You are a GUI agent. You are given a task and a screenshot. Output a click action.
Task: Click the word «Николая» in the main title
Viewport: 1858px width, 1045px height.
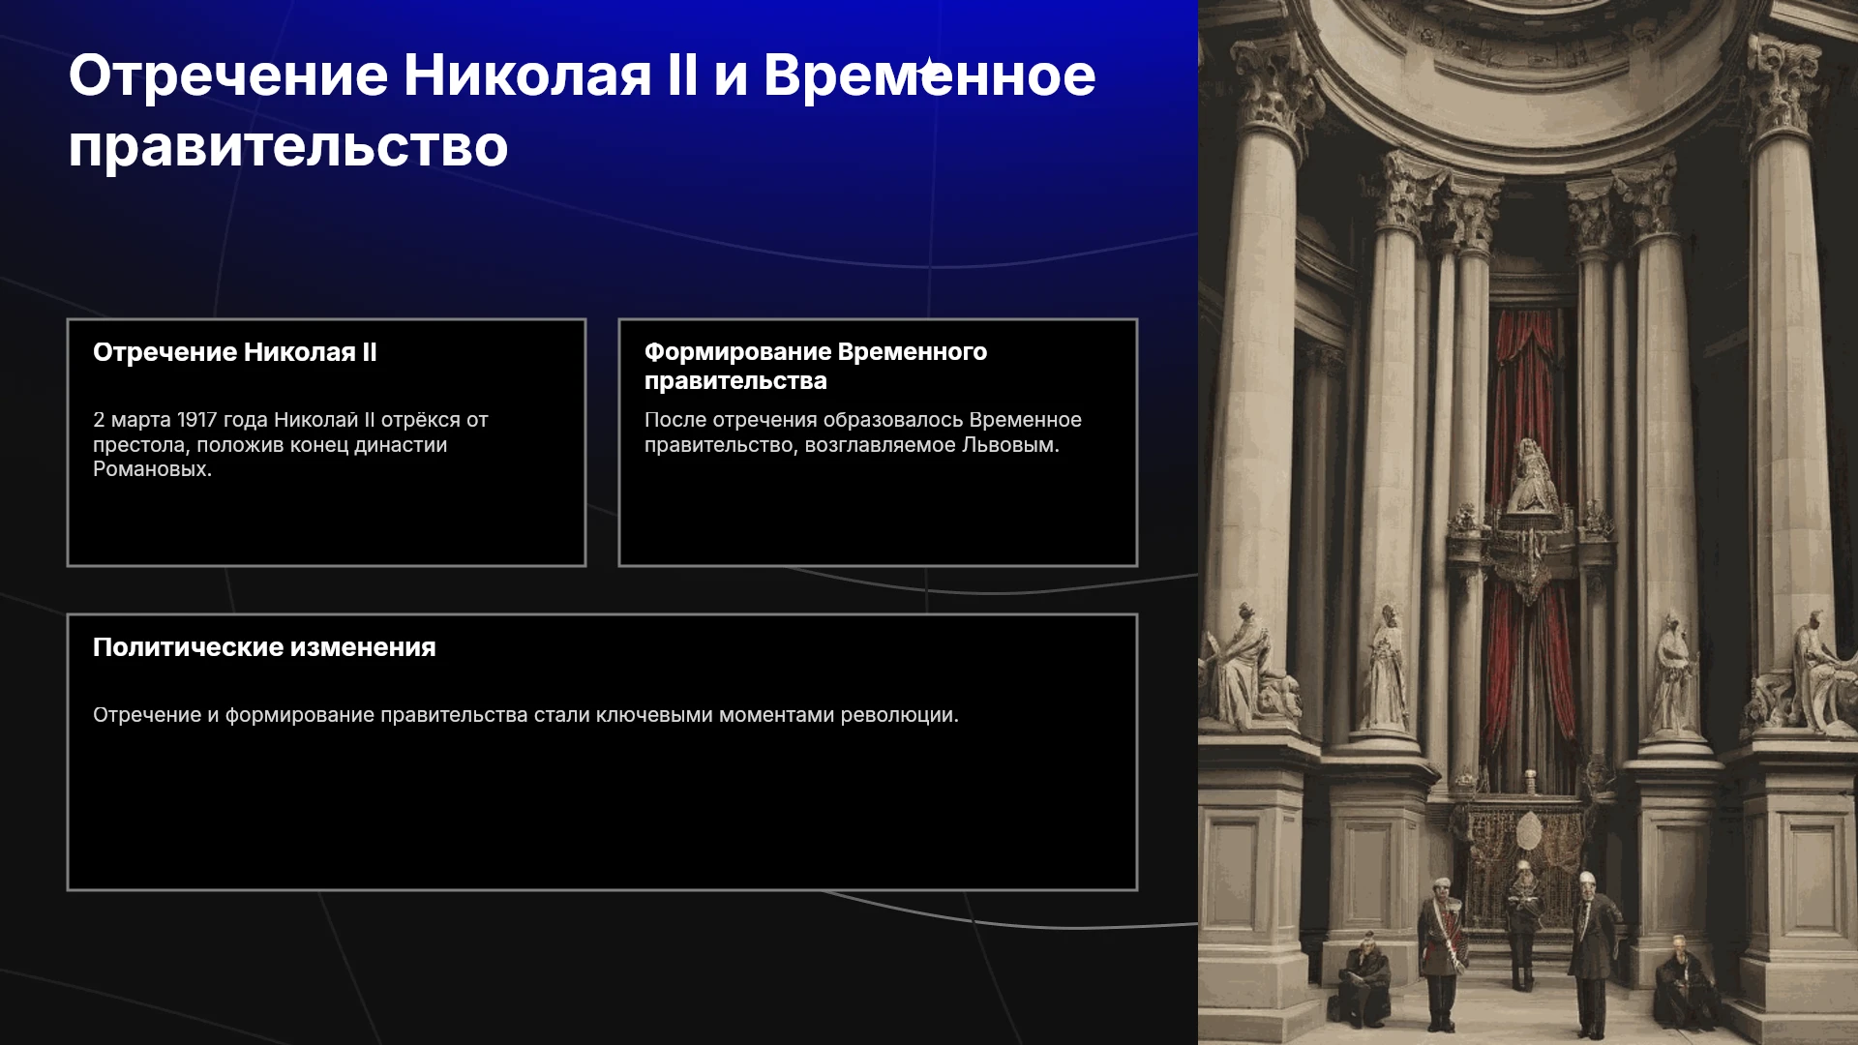click(527, 75)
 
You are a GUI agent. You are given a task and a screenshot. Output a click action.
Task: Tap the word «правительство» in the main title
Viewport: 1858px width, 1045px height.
click(288, 148)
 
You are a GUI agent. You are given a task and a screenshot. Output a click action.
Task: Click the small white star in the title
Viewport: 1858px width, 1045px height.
click(929, 71)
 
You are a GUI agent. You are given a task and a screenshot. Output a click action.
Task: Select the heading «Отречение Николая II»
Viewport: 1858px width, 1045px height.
click(235, 352)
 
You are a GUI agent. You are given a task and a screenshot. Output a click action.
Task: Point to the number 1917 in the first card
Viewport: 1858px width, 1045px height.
click(196, 420)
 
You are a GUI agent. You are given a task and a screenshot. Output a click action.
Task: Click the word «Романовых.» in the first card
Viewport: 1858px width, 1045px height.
click(152, 469)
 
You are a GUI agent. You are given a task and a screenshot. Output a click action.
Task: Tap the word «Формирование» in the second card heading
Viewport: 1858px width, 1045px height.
click(736, 352)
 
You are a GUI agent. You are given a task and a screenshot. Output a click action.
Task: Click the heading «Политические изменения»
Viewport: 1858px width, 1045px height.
click(264, 647)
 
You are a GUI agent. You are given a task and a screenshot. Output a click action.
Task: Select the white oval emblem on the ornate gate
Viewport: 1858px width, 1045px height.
click(1529, 831)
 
